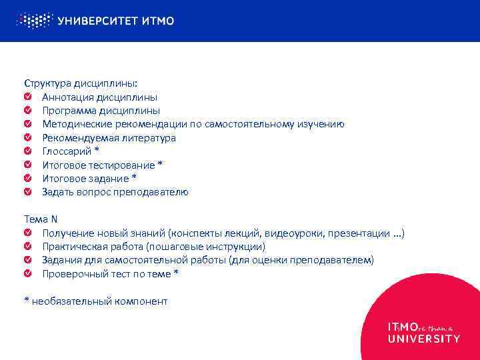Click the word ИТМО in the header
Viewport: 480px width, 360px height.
coord(159,21)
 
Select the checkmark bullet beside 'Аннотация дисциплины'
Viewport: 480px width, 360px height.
coord(27,97)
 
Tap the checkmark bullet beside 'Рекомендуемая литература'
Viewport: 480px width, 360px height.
coord(27,138)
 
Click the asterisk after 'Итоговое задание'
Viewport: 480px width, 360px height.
coord(134,178)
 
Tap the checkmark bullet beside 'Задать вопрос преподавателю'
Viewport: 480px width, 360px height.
coord(27,192)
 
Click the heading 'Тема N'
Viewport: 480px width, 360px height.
coord(41,219)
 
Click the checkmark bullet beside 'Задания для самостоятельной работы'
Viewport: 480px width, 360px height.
coord(27,260)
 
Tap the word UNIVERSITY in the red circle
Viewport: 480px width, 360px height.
coord(423,339)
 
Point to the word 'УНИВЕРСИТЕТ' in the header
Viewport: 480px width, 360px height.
coord(97,21)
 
